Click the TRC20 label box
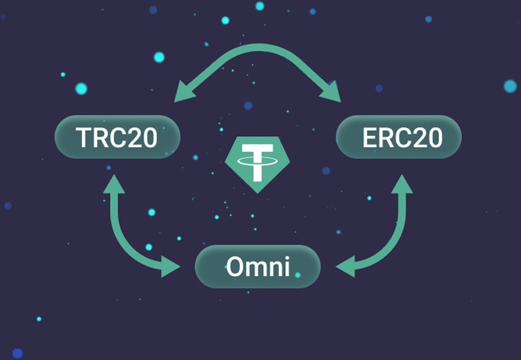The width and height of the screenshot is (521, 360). pos(117,137)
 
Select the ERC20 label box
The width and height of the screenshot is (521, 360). pos(399,137)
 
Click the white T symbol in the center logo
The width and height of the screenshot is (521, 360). pos(257,162)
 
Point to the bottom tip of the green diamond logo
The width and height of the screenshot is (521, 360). pos(257,192)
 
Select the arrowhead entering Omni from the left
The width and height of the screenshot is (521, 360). pos(172,266)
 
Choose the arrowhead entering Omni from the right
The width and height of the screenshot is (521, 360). pos(345,266)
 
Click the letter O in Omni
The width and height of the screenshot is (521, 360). pos(235,266)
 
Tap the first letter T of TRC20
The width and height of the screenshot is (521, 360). pos(84,137)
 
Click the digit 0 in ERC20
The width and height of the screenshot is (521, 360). pos(433,137)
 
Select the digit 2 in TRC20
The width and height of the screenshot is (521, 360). pos(134,137)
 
